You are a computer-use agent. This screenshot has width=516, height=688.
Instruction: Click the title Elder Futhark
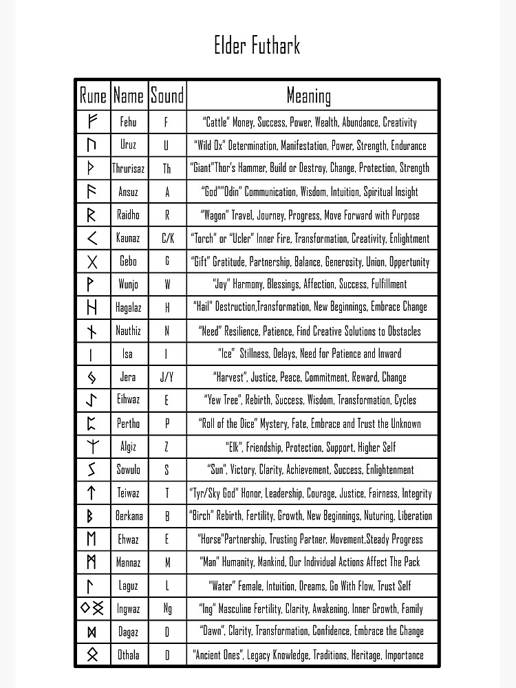tap(257, 46)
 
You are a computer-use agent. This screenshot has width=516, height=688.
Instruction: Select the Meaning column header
tap(309, 95)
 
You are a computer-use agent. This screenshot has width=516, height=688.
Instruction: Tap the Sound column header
tap(167, 95)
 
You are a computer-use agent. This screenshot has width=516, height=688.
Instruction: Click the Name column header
tap(129, 95)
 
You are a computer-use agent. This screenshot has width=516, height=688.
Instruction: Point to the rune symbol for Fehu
tap(93, 122)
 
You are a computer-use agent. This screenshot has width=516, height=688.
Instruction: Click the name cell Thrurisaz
tap(129, 168)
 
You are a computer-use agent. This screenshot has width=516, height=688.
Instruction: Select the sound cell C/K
tap(167, 238)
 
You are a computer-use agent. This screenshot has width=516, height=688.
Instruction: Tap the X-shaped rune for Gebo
tap(93, 261)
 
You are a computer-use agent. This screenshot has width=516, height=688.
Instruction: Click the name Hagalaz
tap(129, 308)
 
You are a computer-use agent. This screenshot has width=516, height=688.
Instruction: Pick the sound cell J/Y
tap(167, 377)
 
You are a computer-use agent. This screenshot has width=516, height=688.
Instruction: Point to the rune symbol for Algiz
tap(93, 447)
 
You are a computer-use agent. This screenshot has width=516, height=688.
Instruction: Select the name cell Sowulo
tap(129, 470)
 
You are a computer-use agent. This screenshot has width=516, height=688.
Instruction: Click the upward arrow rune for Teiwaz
tap(93, 493)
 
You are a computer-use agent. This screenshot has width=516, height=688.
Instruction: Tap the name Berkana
tap(129, 516)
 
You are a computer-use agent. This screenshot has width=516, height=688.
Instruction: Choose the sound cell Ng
tap(167, 608)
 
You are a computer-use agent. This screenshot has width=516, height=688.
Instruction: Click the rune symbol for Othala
tap(93, 654)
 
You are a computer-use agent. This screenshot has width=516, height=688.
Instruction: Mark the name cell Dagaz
tap(129, 632)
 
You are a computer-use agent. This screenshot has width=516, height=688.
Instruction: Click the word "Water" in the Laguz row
tap(222, 585)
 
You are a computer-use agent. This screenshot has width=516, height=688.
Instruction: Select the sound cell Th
tap(167, 168)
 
